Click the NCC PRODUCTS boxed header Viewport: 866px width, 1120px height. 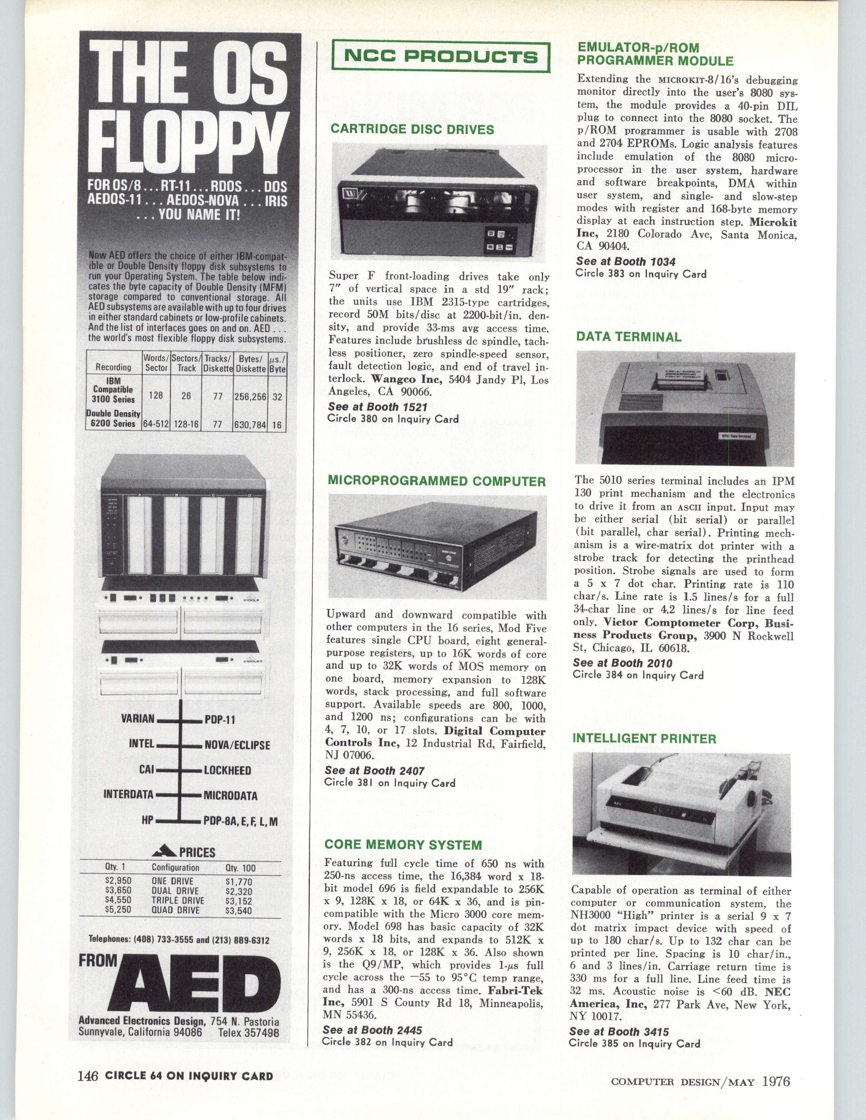tap(441, 56)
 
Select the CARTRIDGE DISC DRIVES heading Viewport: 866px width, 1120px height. tap(412, 129)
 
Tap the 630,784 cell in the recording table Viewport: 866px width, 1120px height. tap(250, 424)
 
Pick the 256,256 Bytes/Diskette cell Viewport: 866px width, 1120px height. tap(250, 396)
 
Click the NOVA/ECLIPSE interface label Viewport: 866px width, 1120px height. tap(237, 745)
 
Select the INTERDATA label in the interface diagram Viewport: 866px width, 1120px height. tap(128, 795)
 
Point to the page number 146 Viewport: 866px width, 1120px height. tap(88, 1062)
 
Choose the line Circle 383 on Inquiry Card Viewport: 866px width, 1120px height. tap(641, 274)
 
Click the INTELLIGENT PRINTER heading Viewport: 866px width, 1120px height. tap(644, 739)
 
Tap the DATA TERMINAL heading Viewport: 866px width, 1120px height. tap(629, 337)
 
